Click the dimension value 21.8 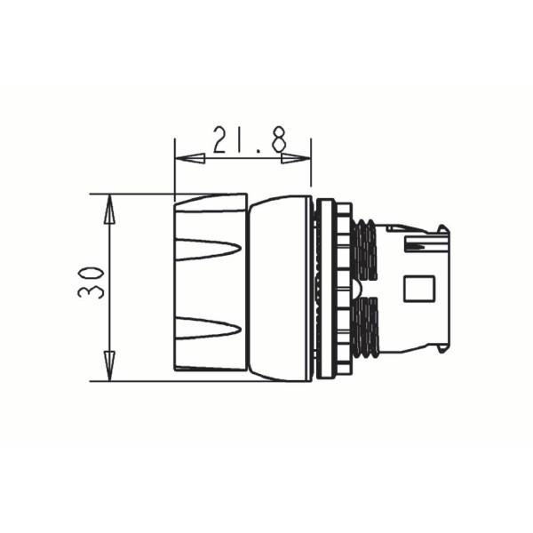point(249,139)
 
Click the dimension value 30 point(91,282)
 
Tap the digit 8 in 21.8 point(279,139)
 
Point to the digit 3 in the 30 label point(91,291)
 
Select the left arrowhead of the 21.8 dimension point(189,158)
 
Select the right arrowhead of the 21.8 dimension point(296,158)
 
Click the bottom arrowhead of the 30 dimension point(109,366)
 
